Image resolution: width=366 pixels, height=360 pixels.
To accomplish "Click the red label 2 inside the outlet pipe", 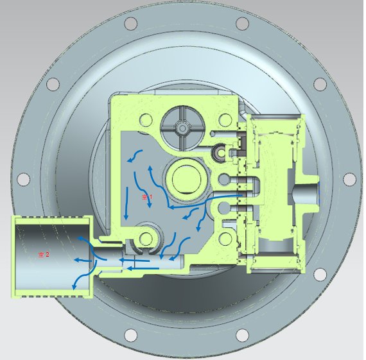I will point(44,255).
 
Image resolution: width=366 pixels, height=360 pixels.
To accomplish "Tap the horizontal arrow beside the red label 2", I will point(80,260).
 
